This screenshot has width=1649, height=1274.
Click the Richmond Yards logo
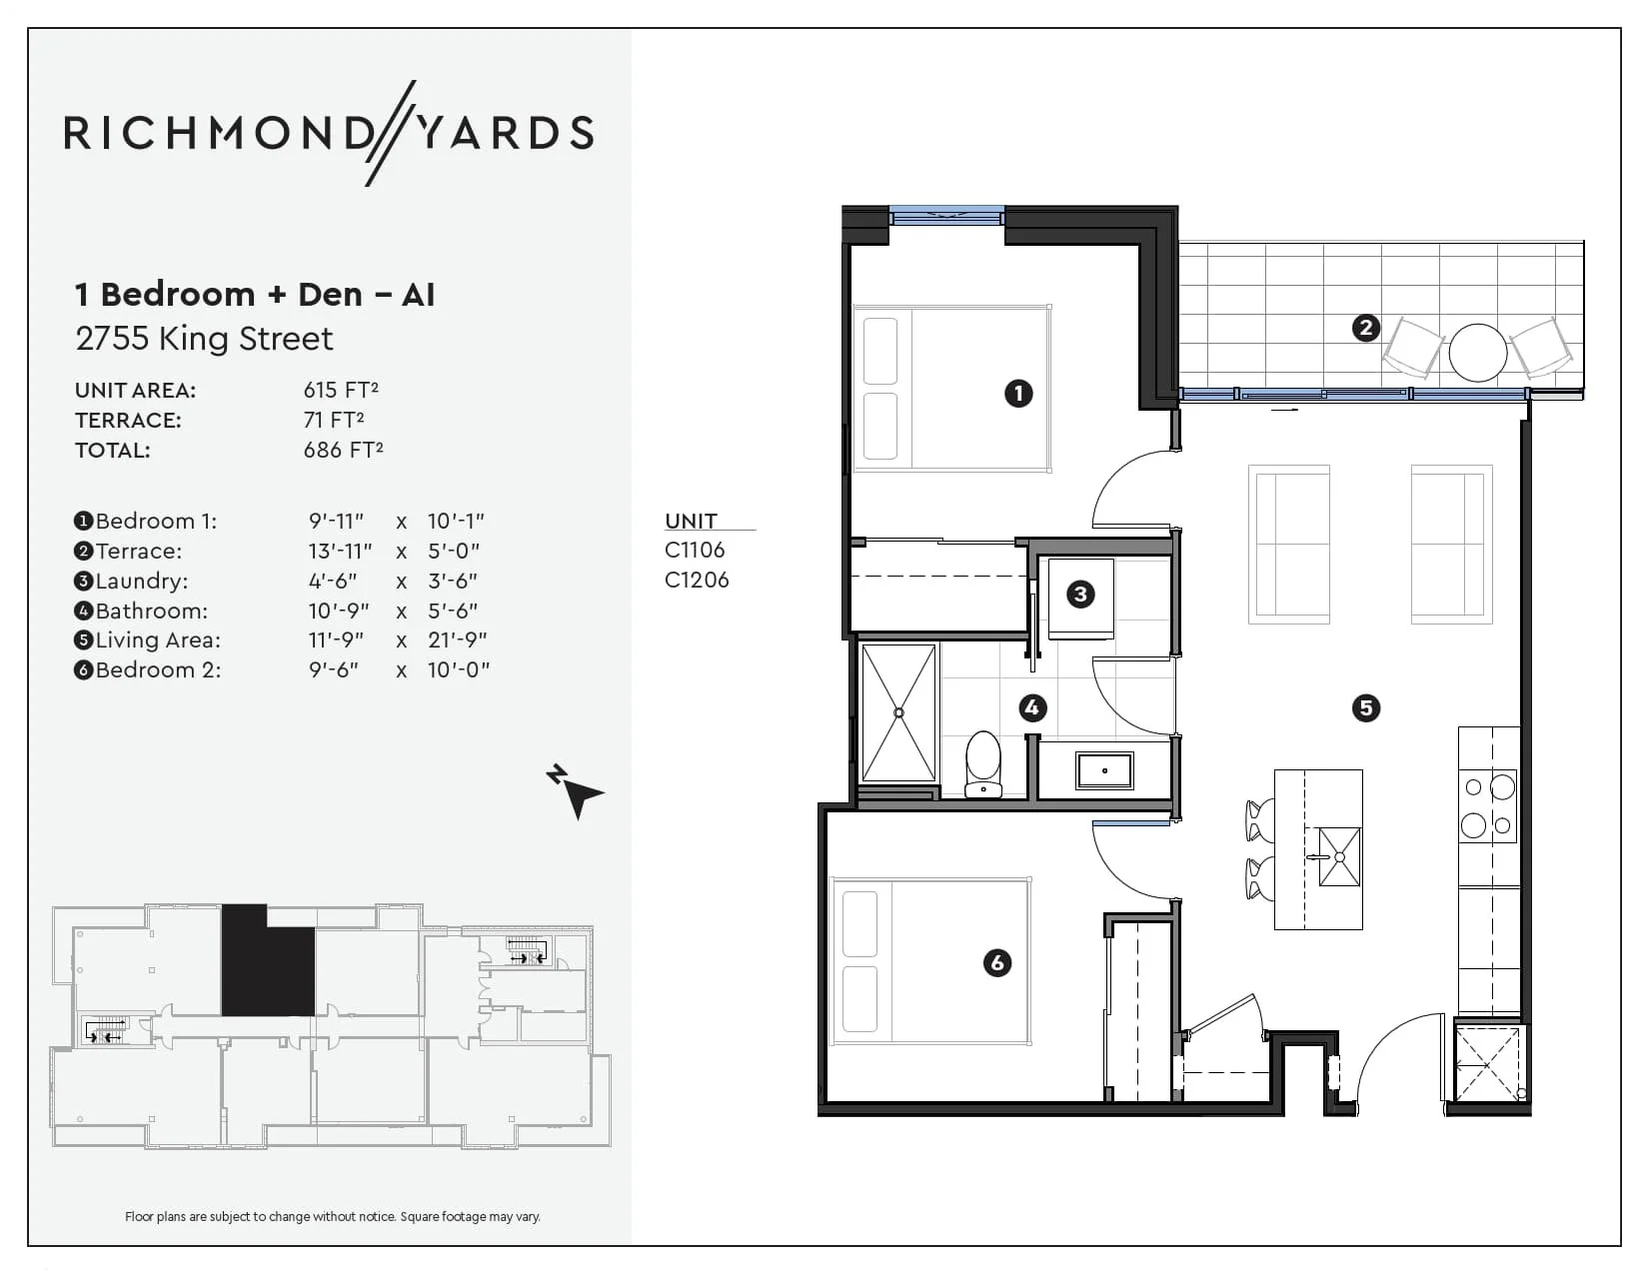click(329, 133)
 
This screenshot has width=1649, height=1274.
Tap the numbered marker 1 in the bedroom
click(1018, 393)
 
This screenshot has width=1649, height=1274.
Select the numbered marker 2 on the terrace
click(1365, 328)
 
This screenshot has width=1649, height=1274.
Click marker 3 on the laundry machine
click(1079, 595)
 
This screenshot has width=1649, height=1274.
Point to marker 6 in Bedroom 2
click(996, 962)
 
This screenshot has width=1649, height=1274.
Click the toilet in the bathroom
click(983, 764)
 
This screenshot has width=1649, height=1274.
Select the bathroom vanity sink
click(1104, 770)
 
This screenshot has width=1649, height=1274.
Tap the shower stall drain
click(898, 712)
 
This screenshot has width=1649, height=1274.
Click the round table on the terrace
click(1477, 352)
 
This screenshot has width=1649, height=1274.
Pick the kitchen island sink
click(1339, 857)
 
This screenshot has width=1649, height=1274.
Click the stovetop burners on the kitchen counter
click(1488, 805)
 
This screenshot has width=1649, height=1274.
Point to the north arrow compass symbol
click(576, 791)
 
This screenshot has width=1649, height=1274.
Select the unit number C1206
click(697, 580)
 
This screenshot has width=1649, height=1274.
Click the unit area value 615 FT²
click(341, 390)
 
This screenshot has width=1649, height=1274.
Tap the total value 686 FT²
click(343, 450)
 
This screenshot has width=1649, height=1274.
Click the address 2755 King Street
click(204, 339)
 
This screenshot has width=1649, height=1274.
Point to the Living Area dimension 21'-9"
click(458, 639)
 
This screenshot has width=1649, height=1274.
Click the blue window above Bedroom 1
click(946, 214)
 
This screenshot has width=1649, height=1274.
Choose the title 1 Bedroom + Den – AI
click(255, 295)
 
